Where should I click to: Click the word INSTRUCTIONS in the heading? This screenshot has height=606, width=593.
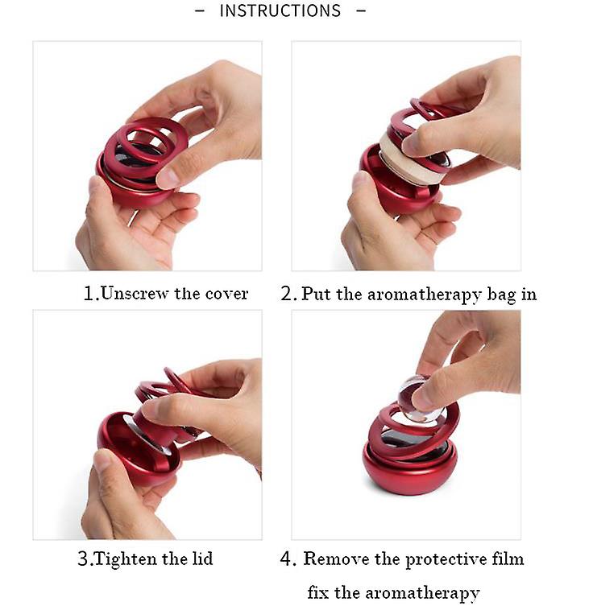click(280, 10)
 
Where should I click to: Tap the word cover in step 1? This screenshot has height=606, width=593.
click(226, 294)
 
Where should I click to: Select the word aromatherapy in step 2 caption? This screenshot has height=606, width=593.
click(424, 295)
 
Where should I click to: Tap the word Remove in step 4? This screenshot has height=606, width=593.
click(336, 559)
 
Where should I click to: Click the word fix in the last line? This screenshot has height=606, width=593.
click(317, 592)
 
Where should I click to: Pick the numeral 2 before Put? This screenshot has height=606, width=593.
click(287, 294)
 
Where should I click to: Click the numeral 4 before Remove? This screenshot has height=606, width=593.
click(286, 559)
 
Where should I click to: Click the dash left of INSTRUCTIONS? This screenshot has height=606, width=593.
click(200, 10)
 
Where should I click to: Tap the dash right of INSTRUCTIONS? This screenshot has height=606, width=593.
click(361, 10)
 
